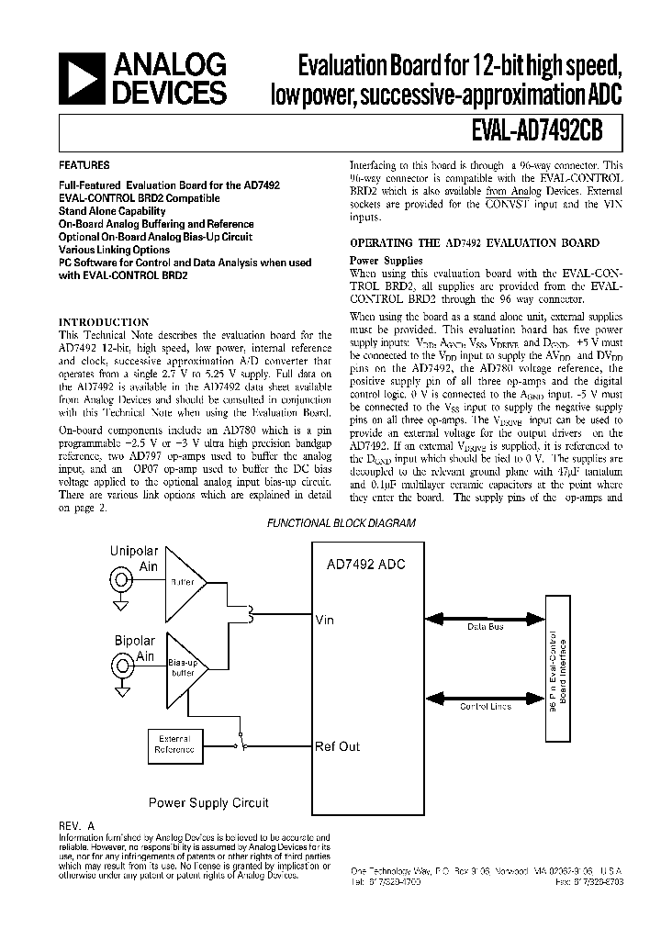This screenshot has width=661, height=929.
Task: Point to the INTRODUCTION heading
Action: (x=104, y=322)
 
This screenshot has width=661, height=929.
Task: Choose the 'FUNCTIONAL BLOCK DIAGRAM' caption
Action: (x=341, y=522)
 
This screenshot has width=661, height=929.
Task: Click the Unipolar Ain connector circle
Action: (x=120, y=581)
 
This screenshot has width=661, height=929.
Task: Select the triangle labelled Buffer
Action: (x=182, y=581)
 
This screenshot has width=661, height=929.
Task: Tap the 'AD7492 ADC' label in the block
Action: (x=365, y=565)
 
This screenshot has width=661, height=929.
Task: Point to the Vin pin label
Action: (x=324, y=620)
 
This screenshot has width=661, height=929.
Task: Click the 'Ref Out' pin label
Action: (x=337, y=746)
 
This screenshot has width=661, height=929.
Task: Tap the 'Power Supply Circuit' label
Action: (x=208, y=803)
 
